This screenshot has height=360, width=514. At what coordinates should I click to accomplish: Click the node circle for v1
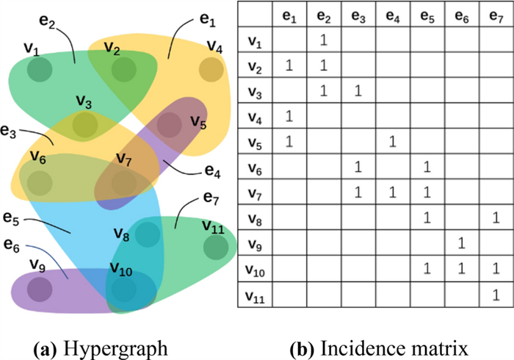pyautogui.click(x=39, y=71)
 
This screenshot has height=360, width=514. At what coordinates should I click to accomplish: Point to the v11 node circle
pyautogui.click(x=215, y=248)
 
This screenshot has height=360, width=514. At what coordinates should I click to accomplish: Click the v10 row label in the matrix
pyautogui.click(x=256, y=269)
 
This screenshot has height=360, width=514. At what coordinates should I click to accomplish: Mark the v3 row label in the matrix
pyautogui.click(x=255, y=91)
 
